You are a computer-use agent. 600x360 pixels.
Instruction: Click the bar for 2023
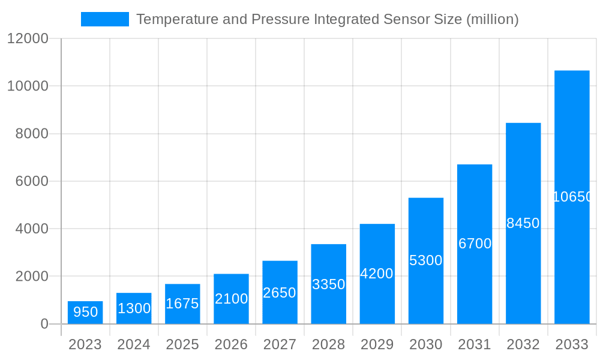[x=85, y=313]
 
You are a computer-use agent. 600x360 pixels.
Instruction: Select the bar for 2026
[x=231, y=299]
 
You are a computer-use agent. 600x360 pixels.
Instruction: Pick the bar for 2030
[x=426, y=260]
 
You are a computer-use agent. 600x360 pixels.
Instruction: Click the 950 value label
[x=85, y=312]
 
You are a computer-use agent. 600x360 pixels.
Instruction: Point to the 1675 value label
[x=182, y=304]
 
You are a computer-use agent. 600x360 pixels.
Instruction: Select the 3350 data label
[x=328, y=284]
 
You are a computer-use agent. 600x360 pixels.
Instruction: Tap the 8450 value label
[x=523, y=223]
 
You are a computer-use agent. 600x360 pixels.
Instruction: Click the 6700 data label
[x=475, y=244]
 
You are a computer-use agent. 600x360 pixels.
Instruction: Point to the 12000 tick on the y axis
[x=27, y=38]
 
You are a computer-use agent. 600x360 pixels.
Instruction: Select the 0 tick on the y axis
[x=44, y=324]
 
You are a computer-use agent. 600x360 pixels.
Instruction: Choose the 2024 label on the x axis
[x=134, y=344]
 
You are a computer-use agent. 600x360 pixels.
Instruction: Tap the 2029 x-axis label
[x=377, y=344]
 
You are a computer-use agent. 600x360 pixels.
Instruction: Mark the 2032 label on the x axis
[x=523, y=344]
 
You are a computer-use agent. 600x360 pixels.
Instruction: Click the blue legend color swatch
[x=105, y=19]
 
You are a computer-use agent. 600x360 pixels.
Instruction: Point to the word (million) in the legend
[x=492, y=19]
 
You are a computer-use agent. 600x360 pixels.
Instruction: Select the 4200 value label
[x=377, y=274]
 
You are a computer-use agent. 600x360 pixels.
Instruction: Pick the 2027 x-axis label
[x=280, y=344]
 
